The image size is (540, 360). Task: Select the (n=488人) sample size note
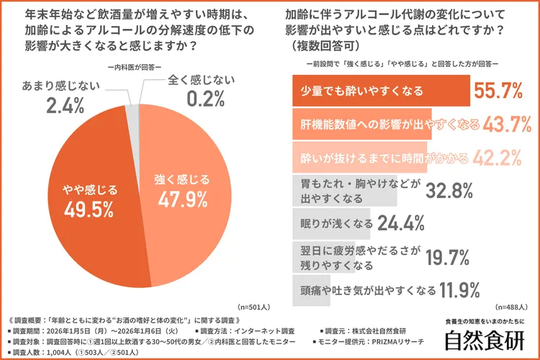513,307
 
